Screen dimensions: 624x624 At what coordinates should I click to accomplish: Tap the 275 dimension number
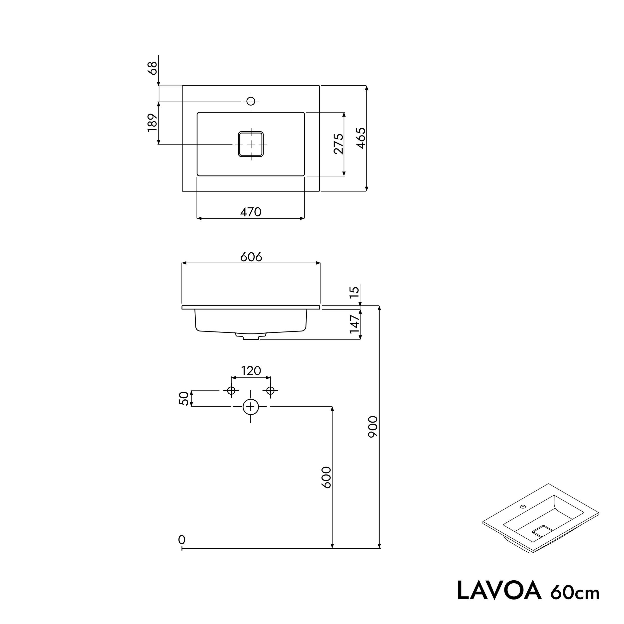338,144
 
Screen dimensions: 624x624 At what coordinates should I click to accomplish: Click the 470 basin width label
251,212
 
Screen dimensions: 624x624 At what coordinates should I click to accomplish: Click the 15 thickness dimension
354,292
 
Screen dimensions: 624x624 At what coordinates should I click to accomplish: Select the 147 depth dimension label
354,324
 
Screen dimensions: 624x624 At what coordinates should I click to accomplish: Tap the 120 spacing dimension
251,371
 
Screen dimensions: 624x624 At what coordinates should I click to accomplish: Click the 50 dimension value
183,398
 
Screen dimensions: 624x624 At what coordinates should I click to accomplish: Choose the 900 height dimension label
373,427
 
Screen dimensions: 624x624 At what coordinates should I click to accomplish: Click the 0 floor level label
182,540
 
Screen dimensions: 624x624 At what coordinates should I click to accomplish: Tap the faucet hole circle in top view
251,101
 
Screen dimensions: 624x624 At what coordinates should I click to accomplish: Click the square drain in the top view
251,144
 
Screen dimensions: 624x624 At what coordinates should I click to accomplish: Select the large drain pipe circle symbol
251,407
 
